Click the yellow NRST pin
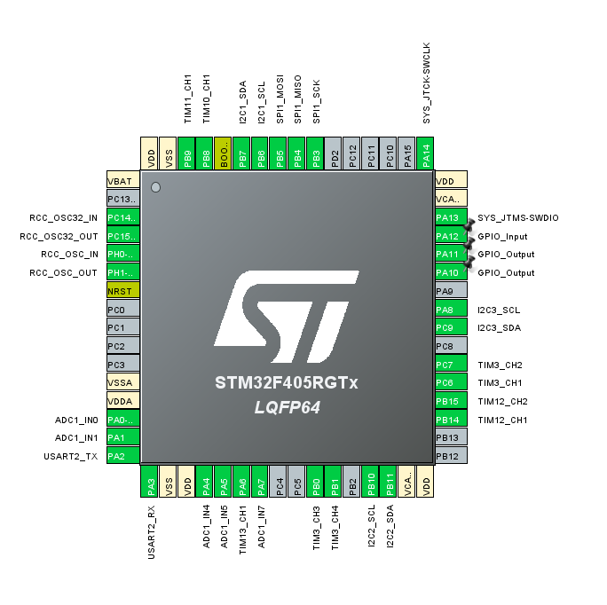coord(122,292)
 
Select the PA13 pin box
coord(451,218)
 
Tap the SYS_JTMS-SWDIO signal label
coord(518,218)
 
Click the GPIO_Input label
coord(502,237)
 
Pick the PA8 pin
coord(451,310)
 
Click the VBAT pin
coord(122,182)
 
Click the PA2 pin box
coord(122,456)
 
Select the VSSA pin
coord(122,383)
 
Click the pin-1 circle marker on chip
coord(156,187)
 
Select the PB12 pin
coord(451,456)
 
